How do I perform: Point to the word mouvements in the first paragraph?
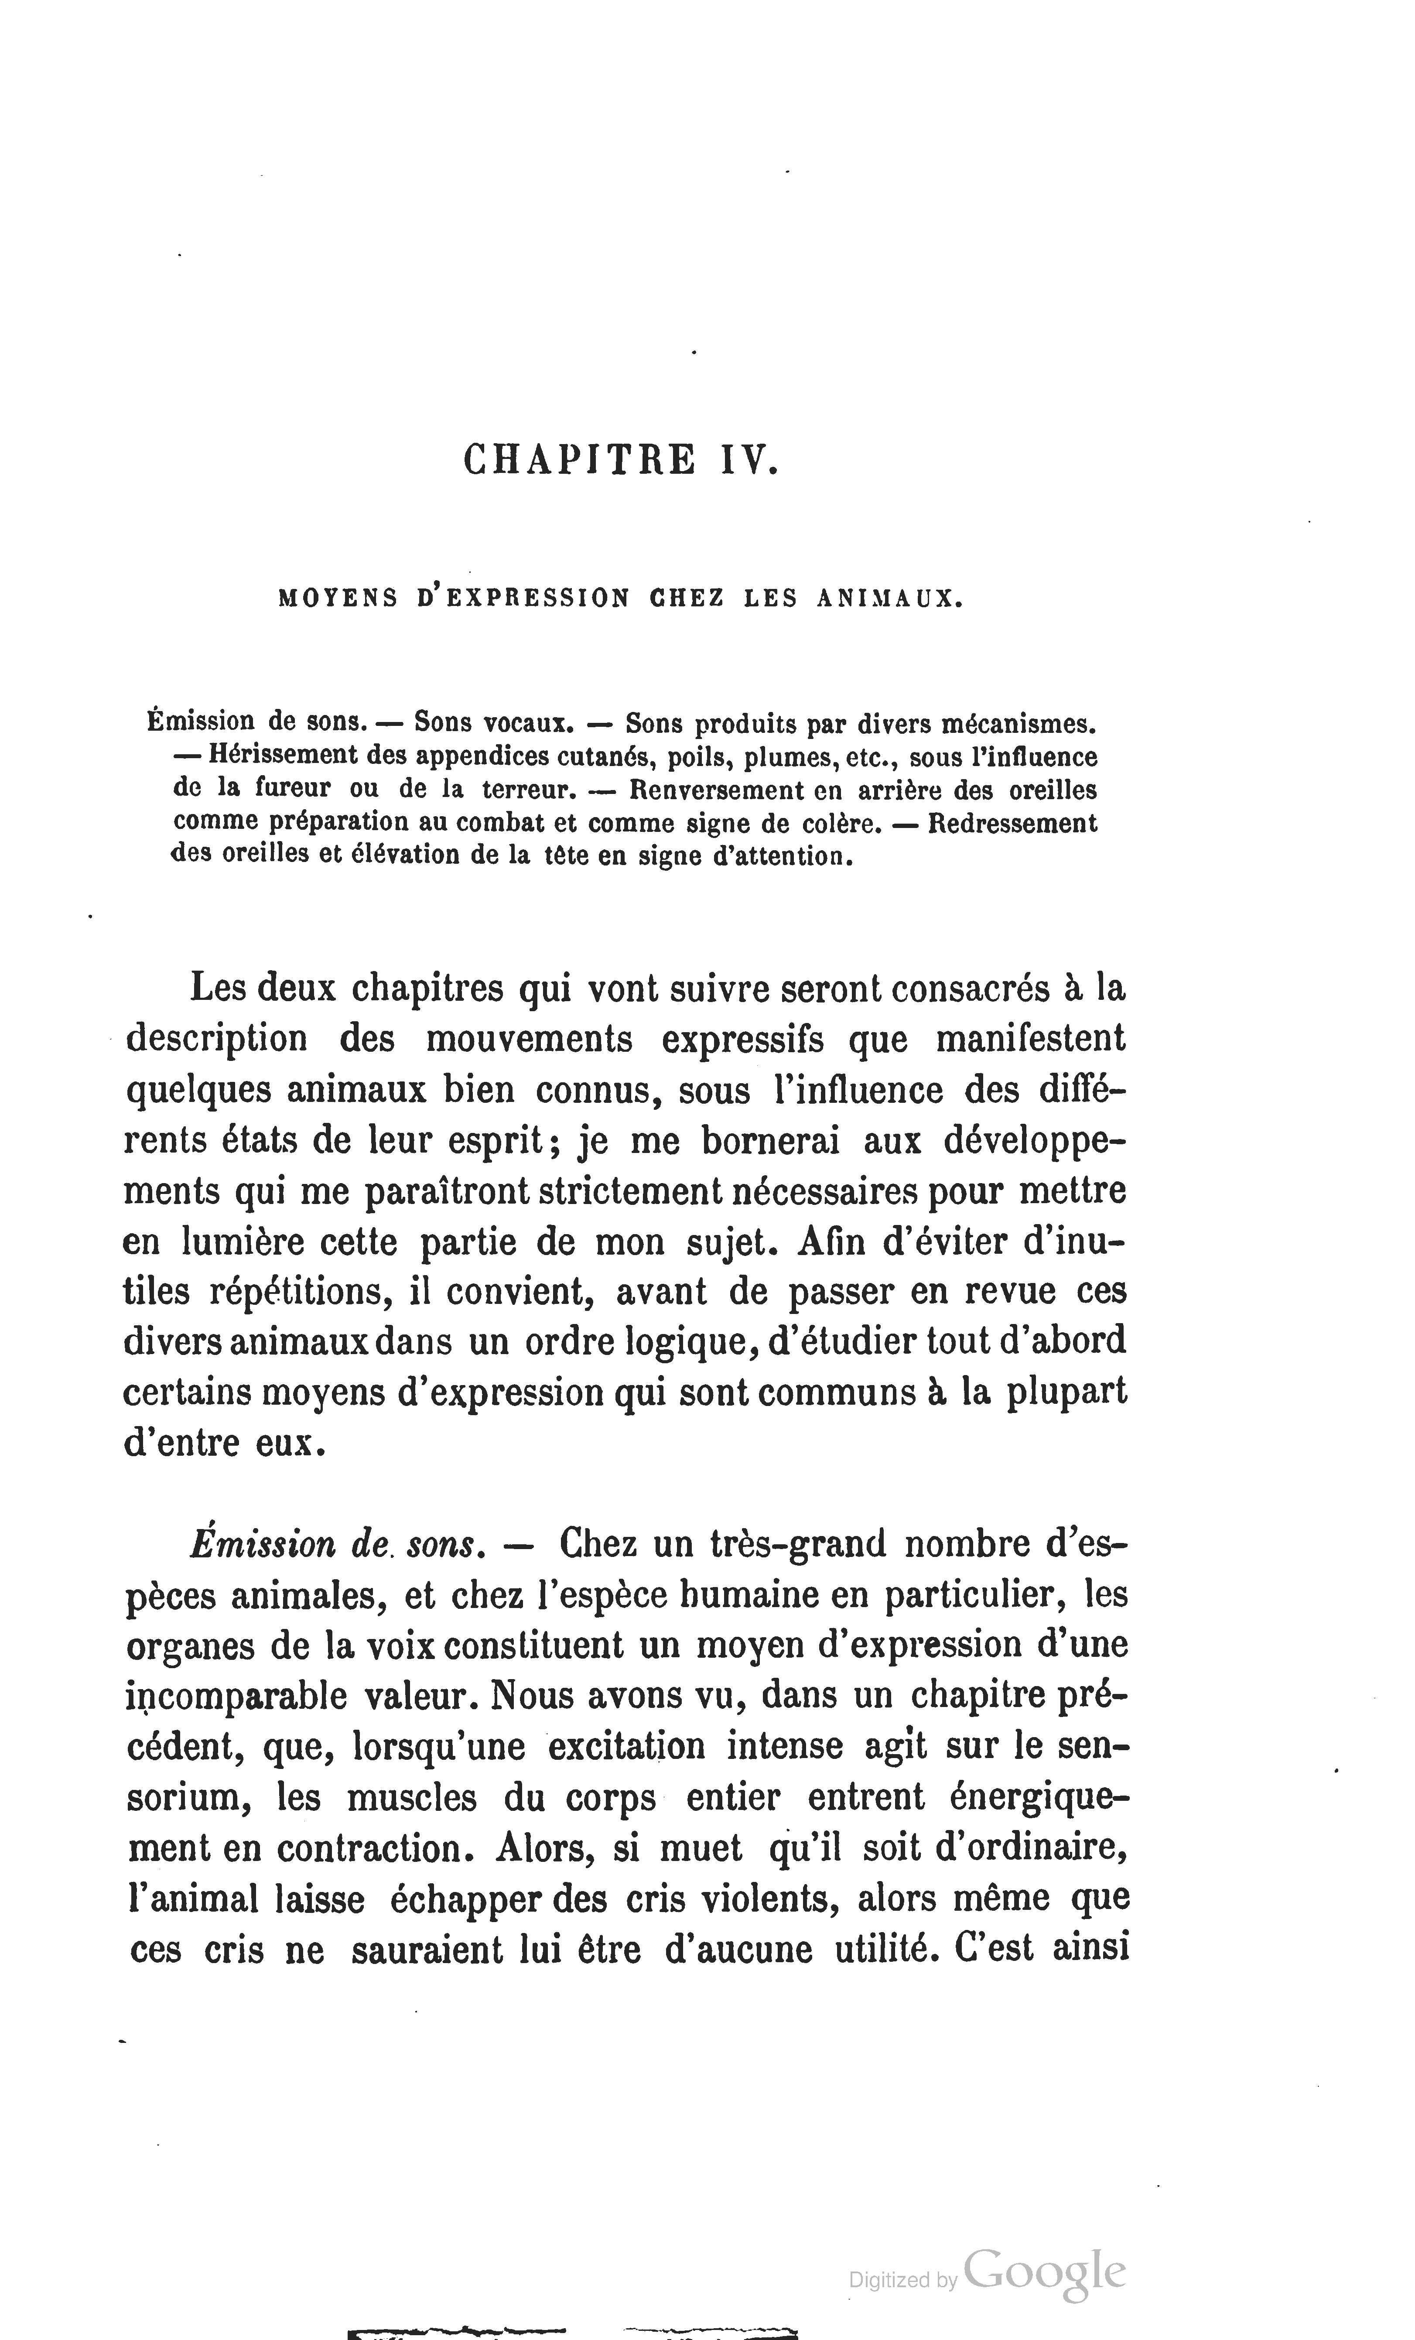(528, 1039)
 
